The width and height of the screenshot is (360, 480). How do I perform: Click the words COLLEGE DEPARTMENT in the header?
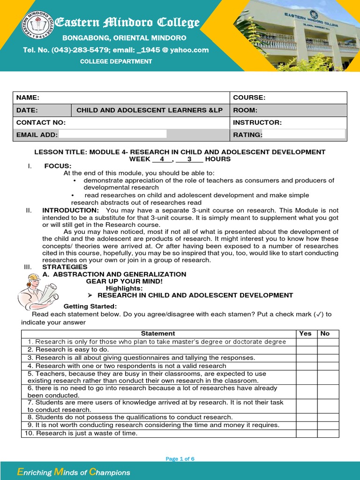116,61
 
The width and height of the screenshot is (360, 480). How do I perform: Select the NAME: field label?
28,97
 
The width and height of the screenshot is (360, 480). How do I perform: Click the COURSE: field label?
249,97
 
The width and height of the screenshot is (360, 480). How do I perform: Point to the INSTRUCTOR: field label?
257,122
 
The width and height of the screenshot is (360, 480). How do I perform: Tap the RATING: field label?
247,135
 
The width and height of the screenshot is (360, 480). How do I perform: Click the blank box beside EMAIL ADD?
112,135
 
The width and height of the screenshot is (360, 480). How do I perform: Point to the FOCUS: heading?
58,166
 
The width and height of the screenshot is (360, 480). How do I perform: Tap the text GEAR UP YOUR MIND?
124,281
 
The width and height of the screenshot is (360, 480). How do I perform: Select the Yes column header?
305,333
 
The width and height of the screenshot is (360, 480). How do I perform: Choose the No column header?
325,333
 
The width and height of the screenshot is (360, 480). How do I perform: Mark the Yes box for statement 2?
307,350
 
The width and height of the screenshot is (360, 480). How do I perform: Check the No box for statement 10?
328,433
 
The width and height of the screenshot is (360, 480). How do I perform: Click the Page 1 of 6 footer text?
180,459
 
